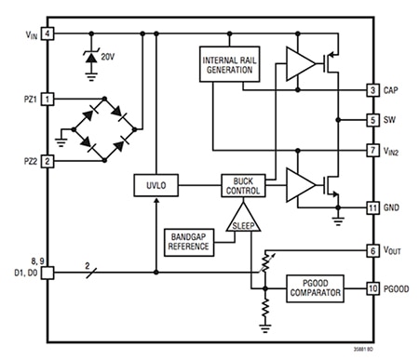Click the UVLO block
click(154, 186)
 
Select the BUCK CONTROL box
click(243, 186)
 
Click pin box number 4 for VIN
click(47, 34)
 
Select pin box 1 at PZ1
click(47, 98)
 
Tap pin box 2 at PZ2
click(47, 161)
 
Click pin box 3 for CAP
click(372, 90)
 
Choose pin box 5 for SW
click(372, 120)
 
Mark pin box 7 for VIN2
click(372, 149)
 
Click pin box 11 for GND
click(372, 207)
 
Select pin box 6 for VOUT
click(372, 251)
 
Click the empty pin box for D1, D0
click(47, 273)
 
